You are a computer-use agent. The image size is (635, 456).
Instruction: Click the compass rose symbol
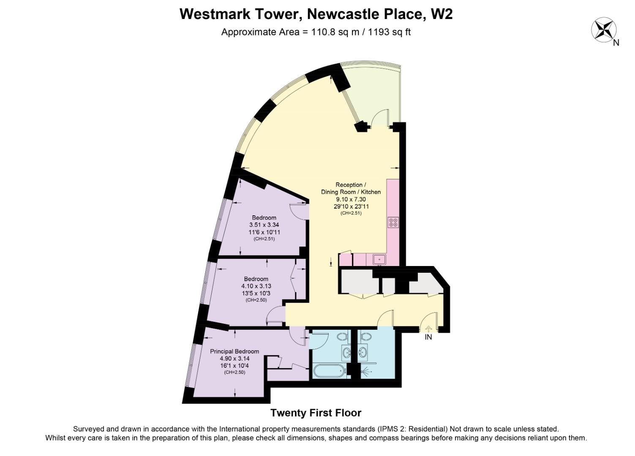(x=603, y=30)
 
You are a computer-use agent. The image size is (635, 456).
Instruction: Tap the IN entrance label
(x=428, y=337)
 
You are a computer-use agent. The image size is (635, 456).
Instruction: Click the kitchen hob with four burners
(x=393, y=223)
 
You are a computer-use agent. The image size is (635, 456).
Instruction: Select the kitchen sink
(x=379, y=259)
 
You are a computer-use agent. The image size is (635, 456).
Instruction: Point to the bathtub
(x=329, y=371)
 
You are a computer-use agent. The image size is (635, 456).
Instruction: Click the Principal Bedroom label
(x=234, y=351)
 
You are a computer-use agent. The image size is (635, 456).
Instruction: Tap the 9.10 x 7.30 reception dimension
(x=351, y=199)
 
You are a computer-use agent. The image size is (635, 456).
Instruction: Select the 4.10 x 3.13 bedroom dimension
(x=256, y=286)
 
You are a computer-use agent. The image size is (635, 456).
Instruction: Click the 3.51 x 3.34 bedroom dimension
(x=264, y=225)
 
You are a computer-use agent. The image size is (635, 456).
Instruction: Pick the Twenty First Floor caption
(x=316, y=413)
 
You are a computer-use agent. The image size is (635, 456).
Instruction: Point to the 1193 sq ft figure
(x=389, y=32)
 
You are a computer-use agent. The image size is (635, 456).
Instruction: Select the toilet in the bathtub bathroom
(x=342, y=337)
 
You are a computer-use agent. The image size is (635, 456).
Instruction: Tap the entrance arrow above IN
(x=428, y=328)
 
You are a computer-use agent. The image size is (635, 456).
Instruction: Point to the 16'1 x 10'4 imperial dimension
(x=234, y=366)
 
